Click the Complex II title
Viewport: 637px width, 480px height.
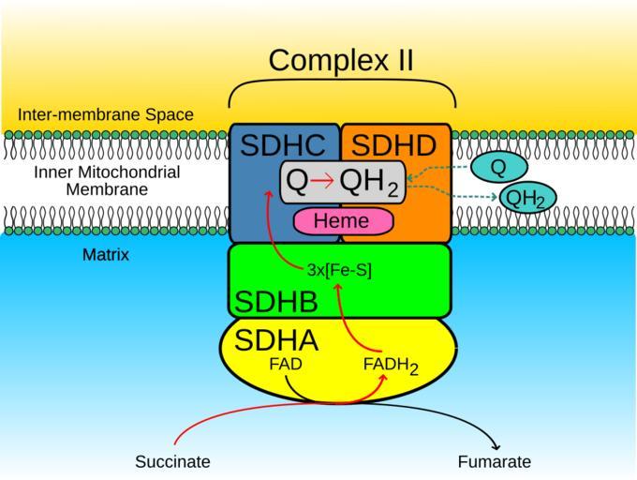tap(341, 60)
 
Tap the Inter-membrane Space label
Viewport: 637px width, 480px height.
tap(106, 115)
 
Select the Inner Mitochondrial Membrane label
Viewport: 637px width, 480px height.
tap(107, 181)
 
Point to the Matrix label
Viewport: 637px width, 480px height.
tap(106, 254)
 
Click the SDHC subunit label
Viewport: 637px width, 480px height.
tap(283, 145)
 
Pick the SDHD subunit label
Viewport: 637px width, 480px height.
tap(393, 145)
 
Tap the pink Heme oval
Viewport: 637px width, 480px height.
tap(344, 221)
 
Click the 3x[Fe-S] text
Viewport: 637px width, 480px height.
tap(339, 270)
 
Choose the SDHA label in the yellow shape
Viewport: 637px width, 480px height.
tap(275, 340)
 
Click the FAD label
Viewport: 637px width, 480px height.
tap(285, 364)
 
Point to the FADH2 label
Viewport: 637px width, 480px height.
tap(390, 366)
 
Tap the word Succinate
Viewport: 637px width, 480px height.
tap(172, 461)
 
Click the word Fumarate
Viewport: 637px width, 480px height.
tap(494, 461)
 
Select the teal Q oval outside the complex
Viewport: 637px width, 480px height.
tap(498, 168)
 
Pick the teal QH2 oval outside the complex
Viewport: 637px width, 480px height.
tap(526, 198)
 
